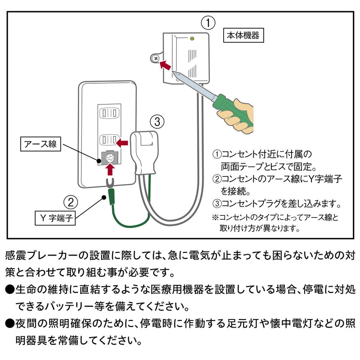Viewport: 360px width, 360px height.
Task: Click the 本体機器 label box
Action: [x=243, y=36]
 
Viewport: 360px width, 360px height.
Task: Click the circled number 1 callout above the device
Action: [x=207, y=22]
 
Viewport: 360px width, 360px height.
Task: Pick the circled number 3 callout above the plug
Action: [x=156, y=121]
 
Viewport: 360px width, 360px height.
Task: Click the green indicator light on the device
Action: [x=192, y=39]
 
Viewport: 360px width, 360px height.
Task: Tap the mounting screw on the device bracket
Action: [x=155, y=58]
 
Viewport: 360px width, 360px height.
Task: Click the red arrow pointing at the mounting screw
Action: [x=166, y=66]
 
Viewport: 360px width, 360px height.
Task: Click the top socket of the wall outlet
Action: [x=109, y=112]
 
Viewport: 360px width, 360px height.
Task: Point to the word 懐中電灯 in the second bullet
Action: [x=286, y=323]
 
